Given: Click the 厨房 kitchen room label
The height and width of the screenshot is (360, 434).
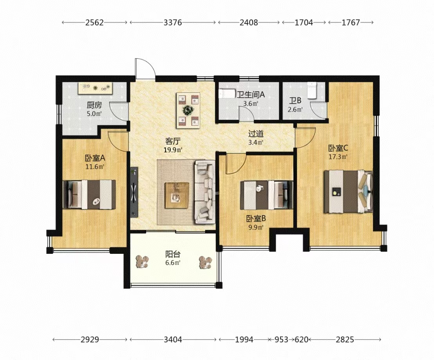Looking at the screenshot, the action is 94,105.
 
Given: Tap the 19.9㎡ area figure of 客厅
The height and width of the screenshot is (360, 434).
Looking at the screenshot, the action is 173,150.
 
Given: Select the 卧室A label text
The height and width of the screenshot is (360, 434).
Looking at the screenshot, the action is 95,158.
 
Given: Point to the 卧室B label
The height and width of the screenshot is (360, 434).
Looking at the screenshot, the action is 256,219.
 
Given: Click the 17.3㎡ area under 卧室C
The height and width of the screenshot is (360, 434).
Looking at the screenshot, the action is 338,157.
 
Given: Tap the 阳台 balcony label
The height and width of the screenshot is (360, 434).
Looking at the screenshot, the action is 173,254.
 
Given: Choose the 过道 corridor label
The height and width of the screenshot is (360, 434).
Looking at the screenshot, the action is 255,134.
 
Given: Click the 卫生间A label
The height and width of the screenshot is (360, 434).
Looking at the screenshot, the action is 251,95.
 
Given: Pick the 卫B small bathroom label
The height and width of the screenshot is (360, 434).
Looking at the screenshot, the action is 295,101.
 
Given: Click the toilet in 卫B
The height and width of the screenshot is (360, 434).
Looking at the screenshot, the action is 312,90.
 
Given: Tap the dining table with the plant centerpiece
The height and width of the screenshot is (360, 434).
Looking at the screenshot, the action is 188,111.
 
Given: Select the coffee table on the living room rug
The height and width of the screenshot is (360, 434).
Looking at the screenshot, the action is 177,195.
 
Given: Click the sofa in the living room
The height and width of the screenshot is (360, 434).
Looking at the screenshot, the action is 205,192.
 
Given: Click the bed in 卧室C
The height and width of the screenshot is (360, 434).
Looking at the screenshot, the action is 348,192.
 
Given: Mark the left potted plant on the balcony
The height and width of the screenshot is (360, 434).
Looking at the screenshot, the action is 142,261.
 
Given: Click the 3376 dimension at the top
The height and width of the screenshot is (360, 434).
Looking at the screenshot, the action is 173,22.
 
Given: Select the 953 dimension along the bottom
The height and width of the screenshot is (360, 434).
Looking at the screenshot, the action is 282,339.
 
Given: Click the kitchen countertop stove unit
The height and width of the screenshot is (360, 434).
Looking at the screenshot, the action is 95,88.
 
